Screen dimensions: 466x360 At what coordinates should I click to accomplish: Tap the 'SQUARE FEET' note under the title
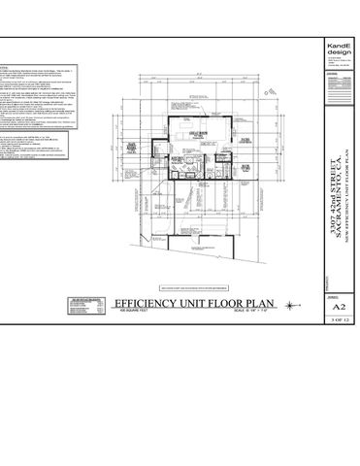point(128,312)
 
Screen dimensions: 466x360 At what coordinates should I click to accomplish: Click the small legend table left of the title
point(79,309)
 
